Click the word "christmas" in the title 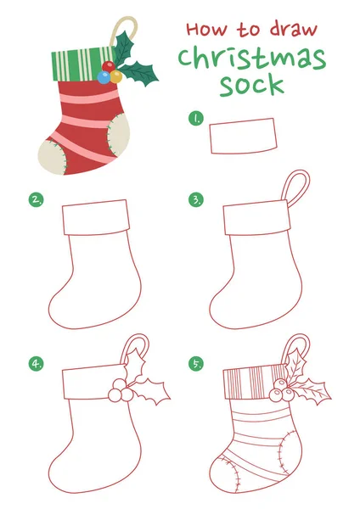click(x=252, y=59)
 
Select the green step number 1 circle click(x=195, y=119)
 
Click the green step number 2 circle click(x=36, y=200)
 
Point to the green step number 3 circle click(x=196, y=200)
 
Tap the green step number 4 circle click(x=36, y=363)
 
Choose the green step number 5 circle click(x=196, y=363)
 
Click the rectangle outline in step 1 click(x=244, y=137)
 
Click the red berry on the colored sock click(x=108, y=66)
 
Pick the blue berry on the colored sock click(x=104, y=77)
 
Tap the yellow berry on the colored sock click(x=115, y=76)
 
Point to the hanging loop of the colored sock click(x=103, y=23)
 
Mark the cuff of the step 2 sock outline click(x=95, y=217)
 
